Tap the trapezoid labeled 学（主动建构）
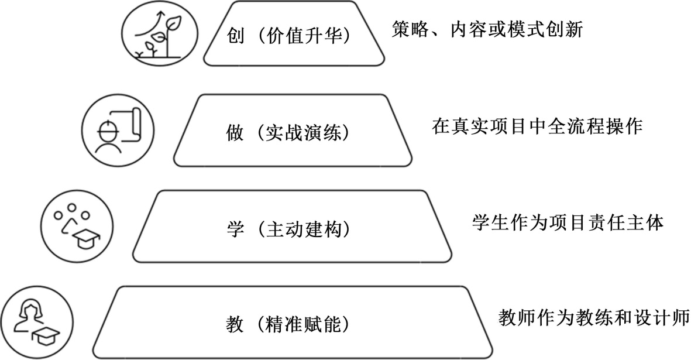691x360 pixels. (x=293, y=227)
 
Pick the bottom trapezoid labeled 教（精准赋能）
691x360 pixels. (x=293, y=323)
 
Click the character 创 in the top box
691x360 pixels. (x=235, y=36)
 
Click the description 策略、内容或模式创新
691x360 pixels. (x=487, y=30)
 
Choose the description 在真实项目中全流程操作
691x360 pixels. (x=538, y=125)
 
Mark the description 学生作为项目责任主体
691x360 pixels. (x=568, y=222)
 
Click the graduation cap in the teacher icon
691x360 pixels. (x=46, y=336)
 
